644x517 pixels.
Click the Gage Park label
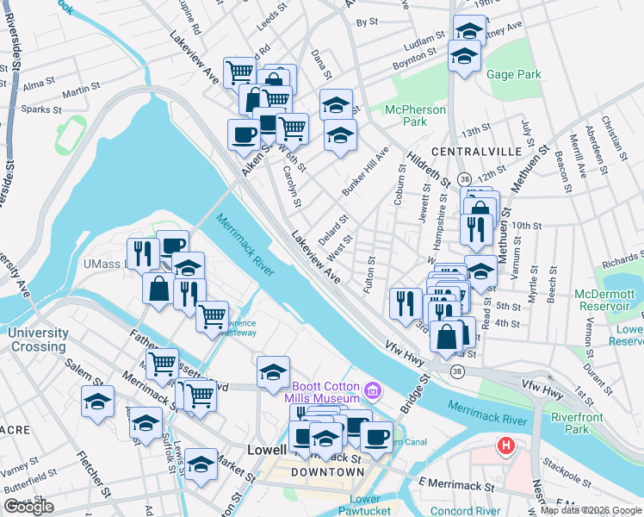pyautogui.click(x=513, y=75)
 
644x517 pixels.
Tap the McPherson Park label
pyautogui.click(x=416, y=115)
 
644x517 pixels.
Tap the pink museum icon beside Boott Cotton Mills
pyautogui.click(x=371, y=392)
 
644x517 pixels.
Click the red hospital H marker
pyautogui.click(x=506, y=446)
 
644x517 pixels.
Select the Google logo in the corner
pyautogui.click(x=28, y=507)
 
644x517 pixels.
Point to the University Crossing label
pyautogui.click(x=39, y=339)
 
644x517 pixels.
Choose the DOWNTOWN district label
pyautogui.click(x=326, y=472)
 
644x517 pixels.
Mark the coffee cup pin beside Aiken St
pyautogui.click(x=243, y=134)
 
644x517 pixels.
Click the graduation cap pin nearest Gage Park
pyautogui.click(x=464, y=57)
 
